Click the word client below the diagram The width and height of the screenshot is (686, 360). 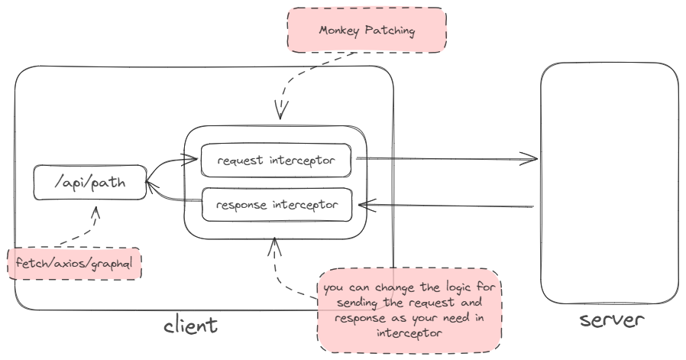pyautogui.click(x=191, y=326)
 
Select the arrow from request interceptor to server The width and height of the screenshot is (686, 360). pyautogui.click(x=447, y=160)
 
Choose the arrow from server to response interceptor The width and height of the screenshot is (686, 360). pyautogui.click(x=447, y=204)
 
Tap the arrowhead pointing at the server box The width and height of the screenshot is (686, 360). pyautogui.click(x=531, y=160)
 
